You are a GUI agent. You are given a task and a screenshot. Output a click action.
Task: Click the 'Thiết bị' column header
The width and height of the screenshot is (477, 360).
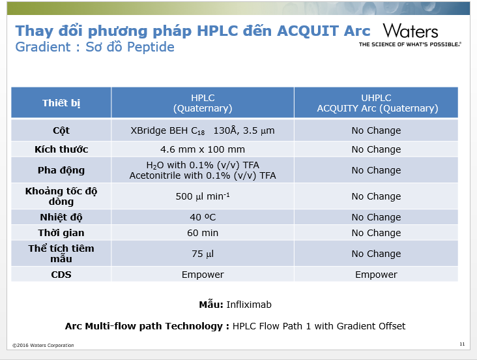(x=61, y=102)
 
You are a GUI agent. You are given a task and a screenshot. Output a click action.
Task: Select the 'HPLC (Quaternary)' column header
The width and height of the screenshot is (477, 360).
(x=203, y=102)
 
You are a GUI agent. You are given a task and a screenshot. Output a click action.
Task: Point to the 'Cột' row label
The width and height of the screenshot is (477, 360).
(x=61, y=130)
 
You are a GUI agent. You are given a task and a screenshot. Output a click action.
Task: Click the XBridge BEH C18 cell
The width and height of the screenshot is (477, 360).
(x=203, y=130)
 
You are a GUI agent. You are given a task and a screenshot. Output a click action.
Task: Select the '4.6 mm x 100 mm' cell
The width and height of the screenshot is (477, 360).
(x=203, y=149)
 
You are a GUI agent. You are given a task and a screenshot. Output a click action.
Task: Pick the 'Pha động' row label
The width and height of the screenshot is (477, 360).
(x=61, y=170)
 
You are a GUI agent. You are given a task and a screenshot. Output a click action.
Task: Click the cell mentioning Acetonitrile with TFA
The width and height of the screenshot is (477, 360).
(x=203, y=170)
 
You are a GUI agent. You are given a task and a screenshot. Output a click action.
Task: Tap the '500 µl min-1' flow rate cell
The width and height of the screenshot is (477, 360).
(x=203, y=196)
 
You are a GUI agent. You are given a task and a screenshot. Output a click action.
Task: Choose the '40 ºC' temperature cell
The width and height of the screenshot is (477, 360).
(x=203, y=217)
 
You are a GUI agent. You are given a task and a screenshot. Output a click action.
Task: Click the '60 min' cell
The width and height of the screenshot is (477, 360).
(x=203, y=233)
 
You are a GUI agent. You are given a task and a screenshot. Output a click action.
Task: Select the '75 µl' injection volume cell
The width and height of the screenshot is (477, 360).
(x=203, y=254)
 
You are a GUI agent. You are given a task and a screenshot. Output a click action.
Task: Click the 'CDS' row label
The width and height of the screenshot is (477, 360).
(x=61, y=275)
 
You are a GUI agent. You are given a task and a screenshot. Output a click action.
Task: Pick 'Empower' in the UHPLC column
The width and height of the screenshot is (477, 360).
(x=376, y=275)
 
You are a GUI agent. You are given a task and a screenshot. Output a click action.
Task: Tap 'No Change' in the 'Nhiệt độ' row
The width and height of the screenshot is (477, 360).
(x=376, y=217)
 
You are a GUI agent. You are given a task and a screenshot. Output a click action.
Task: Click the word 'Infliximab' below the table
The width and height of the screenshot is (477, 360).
(x=249, y=305)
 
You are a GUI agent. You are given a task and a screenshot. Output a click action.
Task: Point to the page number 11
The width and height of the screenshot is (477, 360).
(x=462, y=344)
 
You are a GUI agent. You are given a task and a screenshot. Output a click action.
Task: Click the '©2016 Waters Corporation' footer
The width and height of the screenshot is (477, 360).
(x=43, y=345)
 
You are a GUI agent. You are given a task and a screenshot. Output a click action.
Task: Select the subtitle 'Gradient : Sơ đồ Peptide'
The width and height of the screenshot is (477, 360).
(x=95, y=47)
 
